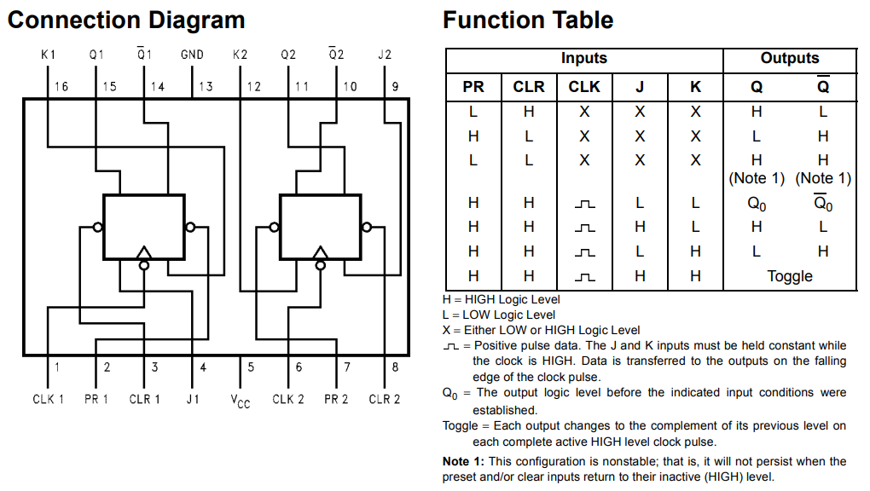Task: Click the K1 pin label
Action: pyautogui.click(x=49, y=55)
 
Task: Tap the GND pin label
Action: pyautogui.click(x=192, y=55)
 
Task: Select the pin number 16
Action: pyautogui.click(x=61, y=87)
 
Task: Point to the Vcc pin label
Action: pyautogui.click(x=241, y=401)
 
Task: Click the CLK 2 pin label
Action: pyautogui.click(x=288, y=399)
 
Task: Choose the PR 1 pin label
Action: pyautogui.click(x=96, y=399)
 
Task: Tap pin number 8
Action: pyautogui.click(x=395, y=367)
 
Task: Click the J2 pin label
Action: pyautogui.click(x=385, y=55)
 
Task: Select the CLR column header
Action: pyautogui.click(x=529, y=87)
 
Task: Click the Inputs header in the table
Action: pyautogui.click(x=583, y=58)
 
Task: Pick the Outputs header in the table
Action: pyautogui.click(x=790, y=58)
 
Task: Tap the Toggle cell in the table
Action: pyautogui.click(x=790, y=276)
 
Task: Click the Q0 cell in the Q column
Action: pyautogui.click(x=757, y=205)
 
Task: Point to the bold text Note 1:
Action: pyautogui.click(x=463, y=461)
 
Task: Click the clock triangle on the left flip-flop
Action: pyautogui.click(x=143, y=252)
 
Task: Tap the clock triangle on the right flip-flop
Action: pyautogui.click(x=320, y=252)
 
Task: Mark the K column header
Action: pyautogui.click(x=695, y=87)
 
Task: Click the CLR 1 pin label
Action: pyautogui.click(x=144, y=399)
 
